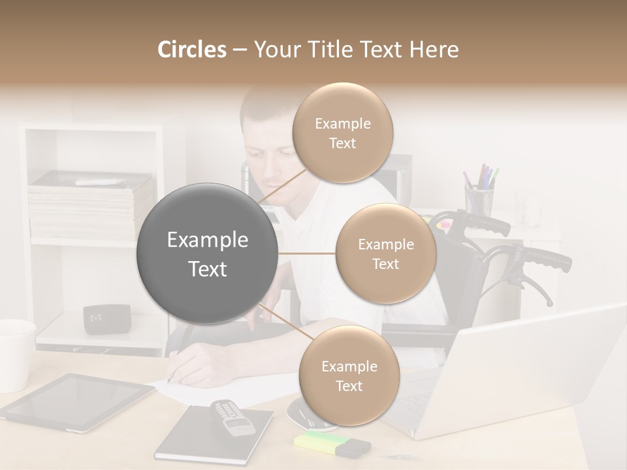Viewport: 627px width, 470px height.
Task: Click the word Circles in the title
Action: [192, 50]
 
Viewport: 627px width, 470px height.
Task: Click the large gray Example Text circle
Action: [208, 253]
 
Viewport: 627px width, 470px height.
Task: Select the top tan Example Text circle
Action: [342, 133]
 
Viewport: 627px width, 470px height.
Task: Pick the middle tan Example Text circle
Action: [385, 253]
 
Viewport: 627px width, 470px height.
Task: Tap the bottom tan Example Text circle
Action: [349, 375]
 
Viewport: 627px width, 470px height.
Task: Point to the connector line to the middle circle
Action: [307, 253]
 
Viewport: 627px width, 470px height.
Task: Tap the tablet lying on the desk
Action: [76, 401]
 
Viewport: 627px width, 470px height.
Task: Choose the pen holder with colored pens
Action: [479, 199]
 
